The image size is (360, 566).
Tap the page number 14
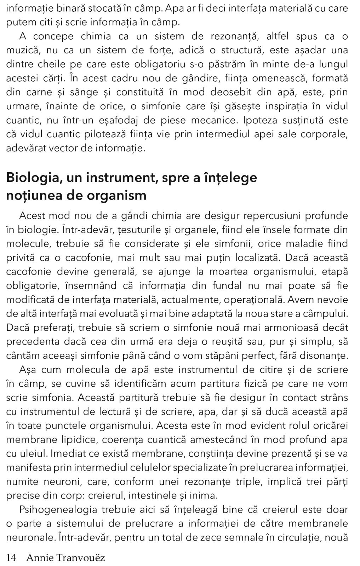(x=11, y=558)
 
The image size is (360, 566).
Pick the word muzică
(x=20, y=50)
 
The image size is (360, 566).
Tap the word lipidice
(x=76, y=440)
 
